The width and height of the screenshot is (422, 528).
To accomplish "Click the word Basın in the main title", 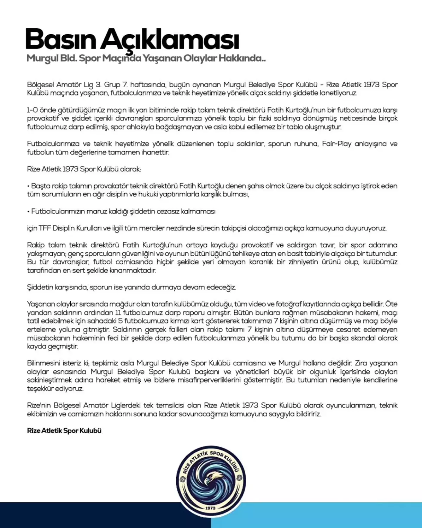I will (60, 39).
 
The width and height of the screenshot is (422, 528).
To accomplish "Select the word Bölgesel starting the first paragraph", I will (40, 85).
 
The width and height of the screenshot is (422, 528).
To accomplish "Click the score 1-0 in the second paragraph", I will (32, 110).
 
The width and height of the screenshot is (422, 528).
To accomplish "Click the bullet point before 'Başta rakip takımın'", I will (28, 186).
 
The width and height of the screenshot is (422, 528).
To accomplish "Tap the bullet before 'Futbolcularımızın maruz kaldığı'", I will (28, 212).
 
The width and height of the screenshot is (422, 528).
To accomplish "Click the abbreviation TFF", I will (45, 228).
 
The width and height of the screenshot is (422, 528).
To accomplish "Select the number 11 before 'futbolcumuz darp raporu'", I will (118, 313).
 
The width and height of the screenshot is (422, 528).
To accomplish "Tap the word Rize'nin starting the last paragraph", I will (39, 406).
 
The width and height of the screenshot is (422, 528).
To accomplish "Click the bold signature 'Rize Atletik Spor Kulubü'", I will (64, 430).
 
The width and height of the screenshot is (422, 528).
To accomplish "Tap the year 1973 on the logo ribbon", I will (210, 508).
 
